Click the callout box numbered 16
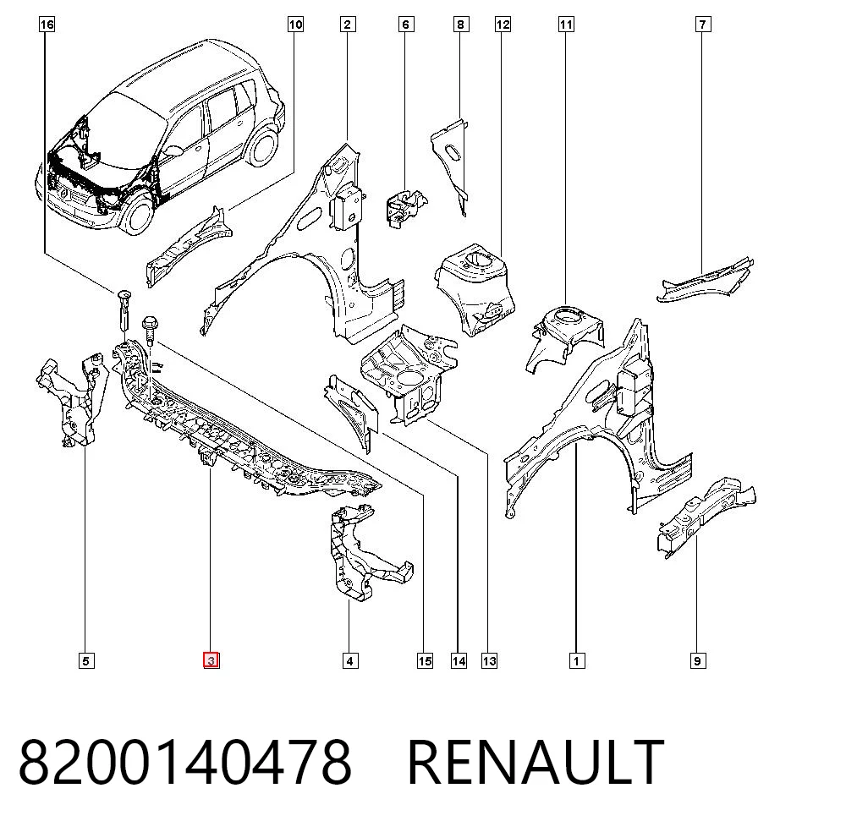(47, 25)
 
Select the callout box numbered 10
(295, 25)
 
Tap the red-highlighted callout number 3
(211, 660)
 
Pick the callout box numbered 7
(702, 25)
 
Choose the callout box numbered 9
(698, 660)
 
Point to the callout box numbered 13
(489, 660)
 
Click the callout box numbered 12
(503, 25)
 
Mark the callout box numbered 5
(85, 660)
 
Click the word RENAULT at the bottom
(536, 763)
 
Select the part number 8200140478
(185, 763)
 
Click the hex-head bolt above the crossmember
(150, 331)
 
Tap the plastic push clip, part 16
(123, 312)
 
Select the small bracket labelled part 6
(404, 205)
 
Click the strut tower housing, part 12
(475, 287)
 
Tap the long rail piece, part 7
(704, 280)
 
